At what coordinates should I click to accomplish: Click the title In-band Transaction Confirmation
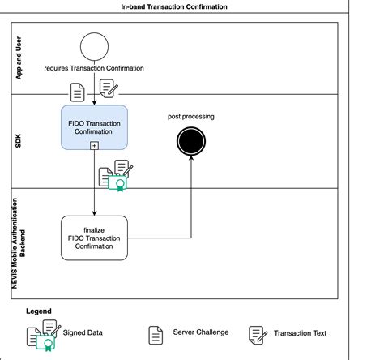coord(174,6)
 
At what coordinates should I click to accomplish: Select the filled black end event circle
coord(191,141)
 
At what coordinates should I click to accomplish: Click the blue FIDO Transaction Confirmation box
coord(94,127)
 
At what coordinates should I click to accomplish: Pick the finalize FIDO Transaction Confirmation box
coord(94,238)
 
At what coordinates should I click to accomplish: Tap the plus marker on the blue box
coord(94,146)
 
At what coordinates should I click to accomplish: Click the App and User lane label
coord(19,58)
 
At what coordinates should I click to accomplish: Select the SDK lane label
coord(18,141)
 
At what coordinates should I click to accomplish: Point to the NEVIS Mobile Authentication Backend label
coord(19,243)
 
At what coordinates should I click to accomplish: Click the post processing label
coord(191,117)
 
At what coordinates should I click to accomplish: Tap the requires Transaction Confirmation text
coord(94,68)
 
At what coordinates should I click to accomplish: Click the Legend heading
coord(39,311)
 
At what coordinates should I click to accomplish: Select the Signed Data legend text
coord(83,332)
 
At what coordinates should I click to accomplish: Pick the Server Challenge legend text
coord(201,332)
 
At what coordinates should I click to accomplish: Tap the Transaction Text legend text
coord(300,333)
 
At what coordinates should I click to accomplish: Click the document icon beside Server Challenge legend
coord(156,336)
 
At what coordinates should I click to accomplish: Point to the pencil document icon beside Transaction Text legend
coord(258,336)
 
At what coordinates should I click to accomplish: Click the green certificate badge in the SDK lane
coord(117,183)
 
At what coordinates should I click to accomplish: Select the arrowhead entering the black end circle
coord(191,158)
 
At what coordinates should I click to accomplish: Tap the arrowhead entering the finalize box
coord(94,213)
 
